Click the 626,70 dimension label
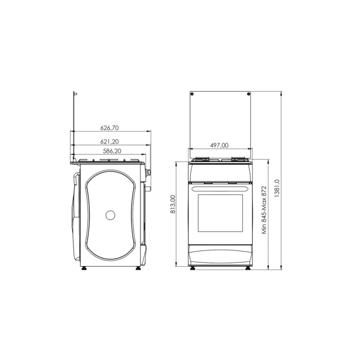[x=110, y=128]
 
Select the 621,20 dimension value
[x=110, y=141]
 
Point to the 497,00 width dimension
[x=220, y=146]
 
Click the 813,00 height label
[x=173, y=204]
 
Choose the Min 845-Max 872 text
[x=265, y=210]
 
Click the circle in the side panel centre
[x=111, y=215]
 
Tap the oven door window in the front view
[x=220, y=213]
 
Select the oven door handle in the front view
[x=221, y=189]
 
